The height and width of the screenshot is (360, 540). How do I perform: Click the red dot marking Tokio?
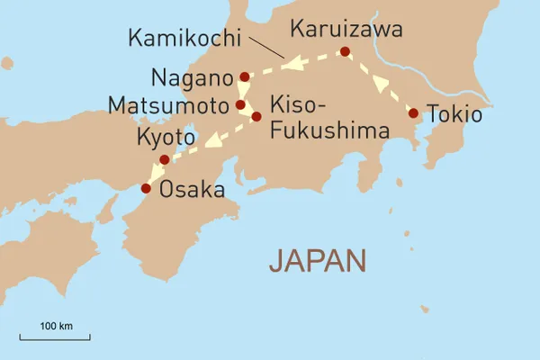click(413, 113)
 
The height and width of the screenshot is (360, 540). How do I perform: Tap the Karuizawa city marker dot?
click(344, 52)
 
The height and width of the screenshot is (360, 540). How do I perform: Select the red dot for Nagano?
click(244, 76)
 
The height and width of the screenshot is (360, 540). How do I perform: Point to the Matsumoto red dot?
click(240, 105)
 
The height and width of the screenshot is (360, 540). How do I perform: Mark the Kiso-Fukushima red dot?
click(256, 117)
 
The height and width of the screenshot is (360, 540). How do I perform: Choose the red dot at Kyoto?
click(164, 160)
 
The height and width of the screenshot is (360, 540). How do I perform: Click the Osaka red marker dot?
click(146, 188)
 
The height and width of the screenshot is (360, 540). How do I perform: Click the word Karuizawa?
click(338, 30)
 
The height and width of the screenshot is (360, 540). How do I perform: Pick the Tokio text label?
click(454, 114)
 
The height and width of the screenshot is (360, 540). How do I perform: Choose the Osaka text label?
click(192, 190)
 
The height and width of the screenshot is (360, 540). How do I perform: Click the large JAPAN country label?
click(318, 261)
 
